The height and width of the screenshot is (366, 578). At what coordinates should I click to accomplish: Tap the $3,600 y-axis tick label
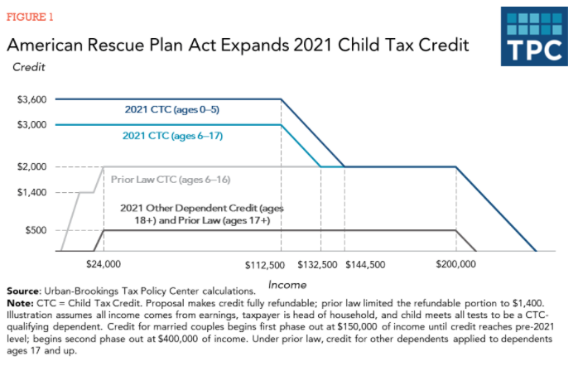tap(32, 99)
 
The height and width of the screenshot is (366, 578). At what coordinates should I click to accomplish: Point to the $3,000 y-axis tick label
tap(32, 125)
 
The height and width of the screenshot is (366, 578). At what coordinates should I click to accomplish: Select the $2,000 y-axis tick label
tap(32, 166)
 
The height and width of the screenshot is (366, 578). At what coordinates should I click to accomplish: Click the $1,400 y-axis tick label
tap(32, 192)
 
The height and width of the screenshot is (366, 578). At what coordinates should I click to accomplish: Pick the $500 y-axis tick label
tap(36, 230)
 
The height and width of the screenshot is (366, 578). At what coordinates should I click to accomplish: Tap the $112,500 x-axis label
tap(265, 265)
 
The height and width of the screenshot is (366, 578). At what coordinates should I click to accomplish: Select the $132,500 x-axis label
tap(318, 265)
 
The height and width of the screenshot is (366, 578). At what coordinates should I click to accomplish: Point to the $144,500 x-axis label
tap(365, 265)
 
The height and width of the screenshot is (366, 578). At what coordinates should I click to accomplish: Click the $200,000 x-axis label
tap(456, 265)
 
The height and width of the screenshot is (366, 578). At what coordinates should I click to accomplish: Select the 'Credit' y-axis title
tap(29, 65)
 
